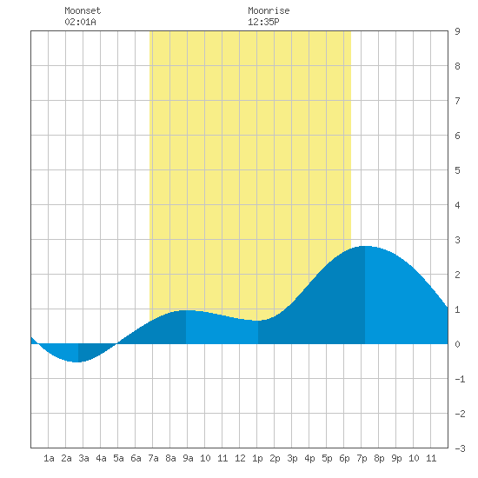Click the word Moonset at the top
coord(83,10)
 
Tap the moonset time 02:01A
coord(80,22)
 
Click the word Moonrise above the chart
coord(269,10)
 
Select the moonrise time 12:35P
coord(263,22)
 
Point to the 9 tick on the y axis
coord(457,31)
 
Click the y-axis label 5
coord(457,170)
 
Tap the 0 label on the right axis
coord(457,344)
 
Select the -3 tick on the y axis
coord(460,448)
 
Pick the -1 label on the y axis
coord(460,379)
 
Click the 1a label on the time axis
coord(49,458)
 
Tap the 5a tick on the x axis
coord(118,458)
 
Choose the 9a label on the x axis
coord(188,458)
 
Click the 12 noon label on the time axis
coord(240,458)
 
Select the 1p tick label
coord(257,458)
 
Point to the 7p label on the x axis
coord(362,458)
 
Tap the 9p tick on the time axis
coord(396,458)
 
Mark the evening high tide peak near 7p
coord(365,246)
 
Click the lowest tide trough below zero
coord(78,362)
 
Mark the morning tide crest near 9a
coord(186,310)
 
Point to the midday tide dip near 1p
coord(258,321)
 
